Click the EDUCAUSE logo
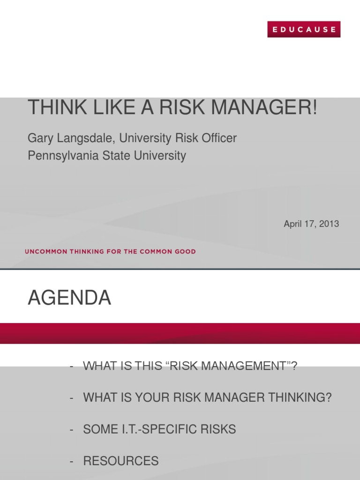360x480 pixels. (304, 30)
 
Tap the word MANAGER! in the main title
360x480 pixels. (264, 107)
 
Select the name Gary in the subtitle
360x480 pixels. (40, 138)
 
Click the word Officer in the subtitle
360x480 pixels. (219, 138)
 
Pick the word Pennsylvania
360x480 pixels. (63, 156)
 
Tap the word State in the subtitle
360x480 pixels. (116, 156)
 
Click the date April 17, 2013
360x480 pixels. (311, 224)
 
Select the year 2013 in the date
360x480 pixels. (329, 224)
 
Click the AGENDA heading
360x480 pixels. (69, 298)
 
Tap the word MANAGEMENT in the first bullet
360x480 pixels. (227, 366)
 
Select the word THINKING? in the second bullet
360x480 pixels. (300, 397)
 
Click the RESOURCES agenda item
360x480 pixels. (121, 461)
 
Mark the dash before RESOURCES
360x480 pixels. (71, 461)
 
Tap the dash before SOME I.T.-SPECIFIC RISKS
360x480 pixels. (71, 430)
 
